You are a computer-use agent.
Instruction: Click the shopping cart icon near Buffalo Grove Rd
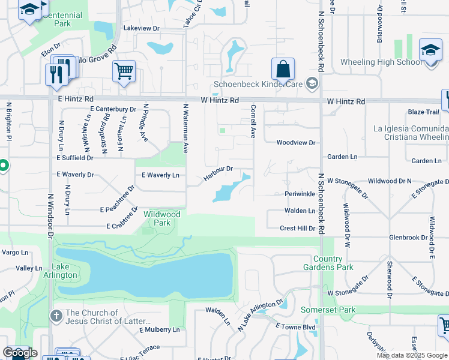click(124, 71)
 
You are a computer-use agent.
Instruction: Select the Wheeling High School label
click(381, 62)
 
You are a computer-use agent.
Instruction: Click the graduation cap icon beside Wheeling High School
click(430, 51)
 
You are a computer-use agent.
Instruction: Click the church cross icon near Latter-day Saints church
click(56, 316)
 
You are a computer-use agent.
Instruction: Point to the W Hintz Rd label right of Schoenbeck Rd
click(346, 102)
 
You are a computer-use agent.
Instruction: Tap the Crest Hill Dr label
click(297, 229)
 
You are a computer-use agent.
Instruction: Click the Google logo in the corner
click(19, 353)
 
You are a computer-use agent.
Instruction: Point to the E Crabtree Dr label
click(124, 226)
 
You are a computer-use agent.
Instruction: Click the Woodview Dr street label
click(295, 143)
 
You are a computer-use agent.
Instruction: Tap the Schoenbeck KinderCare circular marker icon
click(312, 83)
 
